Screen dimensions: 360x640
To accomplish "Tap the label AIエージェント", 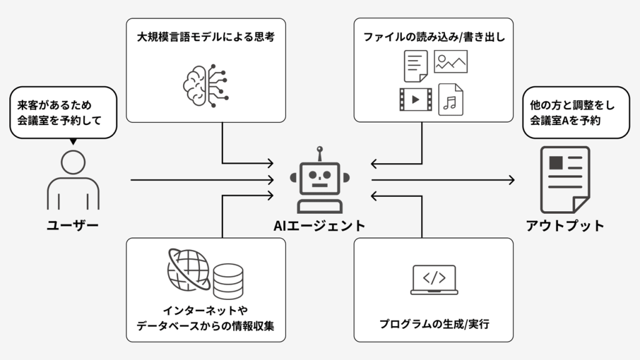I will (x=319, y=226).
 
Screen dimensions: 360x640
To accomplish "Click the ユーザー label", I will (x=73, y=225).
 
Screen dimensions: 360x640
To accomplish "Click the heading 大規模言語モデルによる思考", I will (x=206, y=37).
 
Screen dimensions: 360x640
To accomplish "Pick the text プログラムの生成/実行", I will (x=434, y=325).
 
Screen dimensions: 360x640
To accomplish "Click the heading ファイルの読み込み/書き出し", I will (x=434, y=37).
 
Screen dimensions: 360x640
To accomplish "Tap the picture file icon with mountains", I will (x=451, y=61).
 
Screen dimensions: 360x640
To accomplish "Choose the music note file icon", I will (x=449, y=98).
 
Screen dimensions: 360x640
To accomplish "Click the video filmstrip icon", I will (x=415, y=99).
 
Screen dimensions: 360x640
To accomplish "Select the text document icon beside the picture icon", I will (x=415, y=66).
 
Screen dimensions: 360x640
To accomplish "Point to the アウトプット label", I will (x=565, y=226).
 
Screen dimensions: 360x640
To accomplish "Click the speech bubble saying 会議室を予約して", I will (x=63, y=112).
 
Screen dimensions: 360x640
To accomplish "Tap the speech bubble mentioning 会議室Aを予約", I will (x=576, y=112).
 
